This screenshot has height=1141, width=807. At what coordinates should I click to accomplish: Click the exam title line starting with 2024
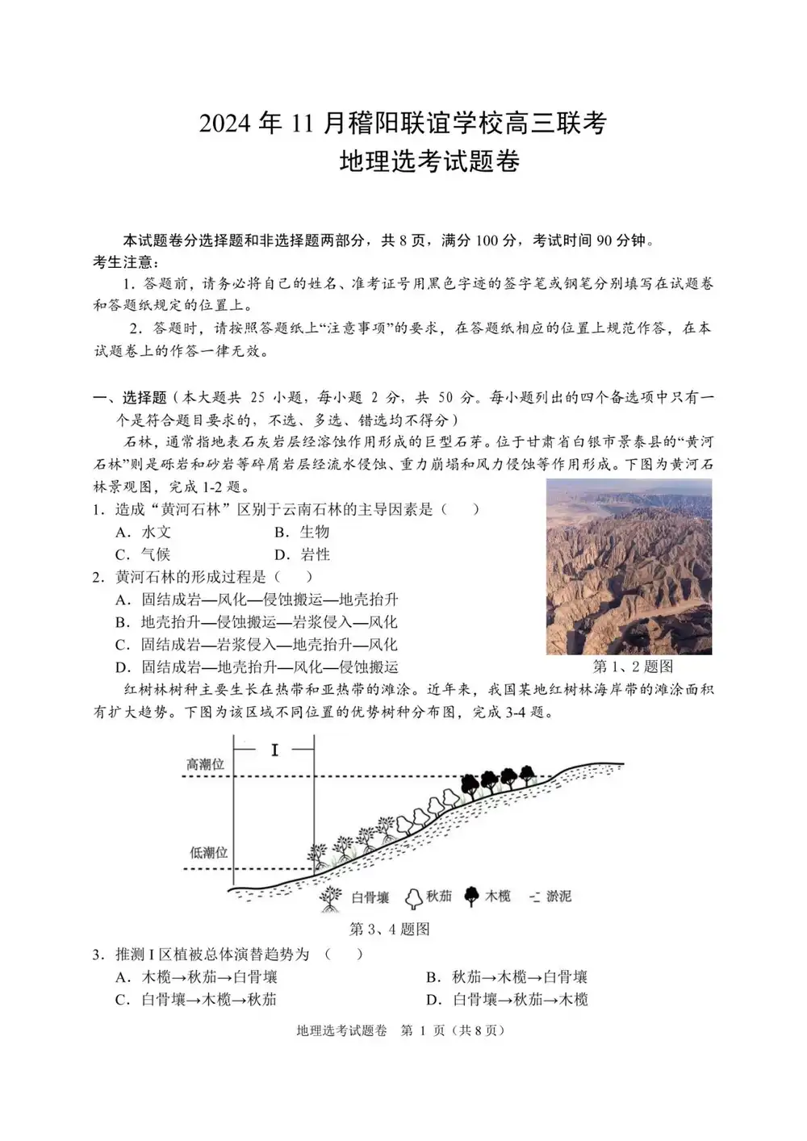(403, 123)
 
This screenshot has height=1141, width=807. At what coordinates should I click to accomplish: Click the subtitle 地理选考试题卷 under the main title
(429, 161)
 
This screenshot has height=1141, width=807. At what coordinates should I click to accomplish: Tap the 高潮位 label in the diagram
(205, 763)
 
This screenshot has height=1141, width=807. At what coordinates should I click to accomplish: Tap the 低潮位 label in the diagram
(208, 852)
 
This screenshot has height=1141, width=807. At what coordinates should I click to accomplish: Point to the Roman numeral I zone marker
(274, 750)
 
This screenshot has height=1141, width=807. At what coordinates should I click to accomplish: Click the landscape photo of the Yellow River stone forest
(629, 566)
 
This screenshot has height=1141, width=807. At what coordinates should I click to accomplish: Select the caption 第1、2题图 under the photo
(633, 667)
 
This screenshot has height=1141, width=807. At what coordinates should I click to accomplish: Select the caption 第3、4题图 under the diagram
(389, 929)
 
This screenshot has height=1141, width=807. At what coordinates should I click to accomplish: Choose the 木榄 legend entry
(488, 896)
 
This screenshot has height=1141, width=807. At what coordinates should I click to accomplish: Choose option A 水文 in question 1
(144, 532)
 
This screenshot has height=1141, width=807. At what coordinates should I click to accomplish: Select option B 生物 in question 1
(302, 532)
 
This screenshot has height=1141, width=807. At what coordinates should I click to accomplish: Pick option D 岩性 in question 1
(302, 554)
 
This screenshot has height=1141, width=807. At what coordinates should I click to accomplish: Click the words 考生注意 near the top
(126, 262)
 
